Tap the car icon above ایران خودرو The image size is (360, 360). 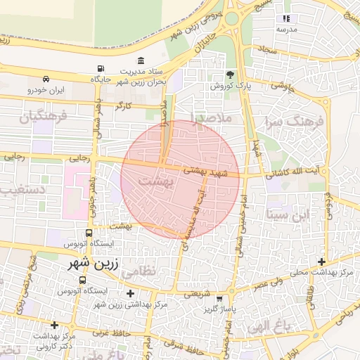(x=46, y=79)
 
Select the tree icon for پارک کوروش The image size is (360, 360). (x=230, y=74)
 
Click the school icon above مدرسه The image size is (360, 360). (x=286, y=18)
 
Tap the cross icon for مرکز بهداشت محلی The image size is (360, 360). (x=321, y=262)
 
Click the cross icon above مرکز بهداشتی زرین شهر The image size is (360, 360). (x=130, y=293)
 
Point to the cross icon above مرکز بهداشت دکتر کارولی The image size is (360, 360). (x=54, y=326)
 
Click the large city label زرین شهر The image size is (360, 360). (x=89, y=264)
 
